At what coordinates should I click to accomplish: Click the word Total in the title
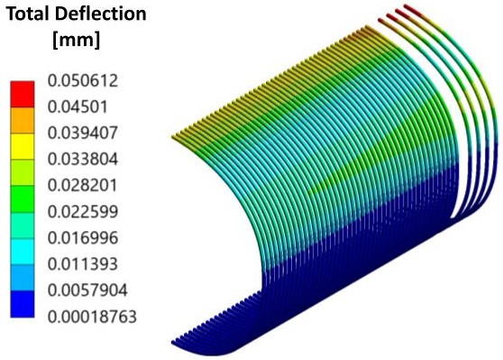tap(28, 14)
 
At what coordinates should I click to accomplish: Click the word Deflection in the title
tap(100, 14)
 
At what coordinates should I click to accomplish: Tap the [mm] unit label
tap(77, 41)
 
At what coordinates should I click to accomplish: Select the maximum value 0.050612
tap(83, 80)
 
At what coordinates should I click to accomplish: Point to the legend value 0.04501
tap(78, 106)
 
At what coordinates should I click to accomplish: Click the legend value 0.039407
tap(83, 133)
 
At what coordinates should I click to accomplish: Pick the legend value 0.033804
tap(83, 159)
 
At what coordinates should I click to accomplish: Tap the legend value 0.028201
tap(83, 185)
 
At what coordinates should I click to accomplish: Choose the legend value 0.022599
tap(83, 212)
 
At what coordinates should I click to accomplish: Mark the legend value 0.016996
tap(83, 238)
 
